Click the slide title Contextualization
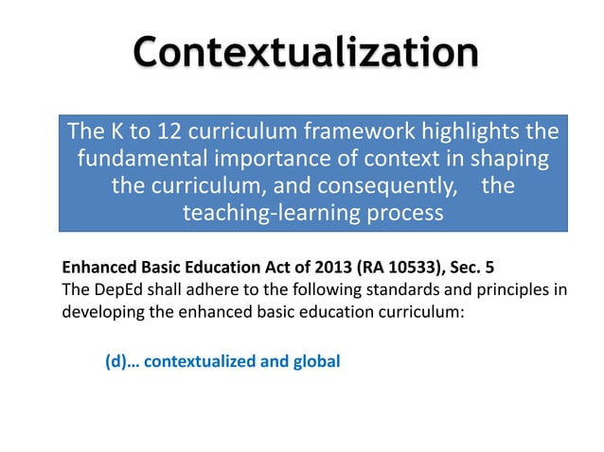pyautogui.click(x=304, y=51)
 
